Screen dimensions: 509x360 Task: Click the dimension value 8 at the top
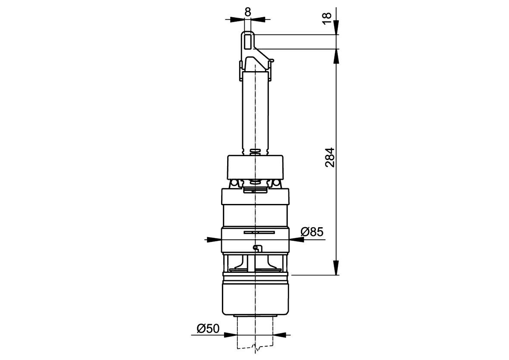248,12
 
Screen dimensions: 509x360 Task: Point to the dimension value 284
330,157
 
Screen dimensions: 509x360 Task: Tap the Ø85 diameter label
312,232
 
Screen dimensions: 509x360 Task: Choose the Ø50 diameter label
208,329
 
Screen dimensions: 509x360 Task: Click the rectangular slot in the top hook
248,42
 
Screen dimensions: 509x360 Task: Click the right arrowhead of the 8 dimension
259,19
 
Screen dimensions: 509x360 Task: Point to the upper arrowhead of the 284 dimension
336,56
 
